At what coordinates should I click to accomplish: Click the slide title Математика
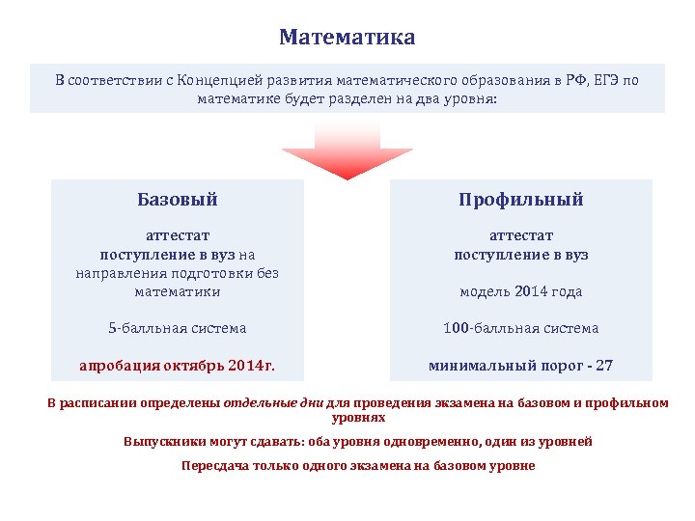click(x=347, y=38)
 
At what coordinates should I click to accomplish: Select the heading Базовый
click(x=177, y=200)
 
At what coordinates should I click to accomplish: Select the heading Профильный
click(x=520, y=200)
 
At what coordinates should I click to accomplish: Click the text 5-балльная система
click(x=177, y=328)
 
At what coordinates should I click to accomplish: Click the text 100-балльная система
click(x=520, y=328)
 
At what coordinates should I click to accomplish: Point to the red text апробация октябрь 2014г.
click(x=177, y=366)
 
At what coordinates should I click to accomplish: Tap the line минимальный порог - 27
click(x=520, y=366)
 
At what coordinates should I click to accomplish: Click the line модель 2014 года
click(x=520, y=291)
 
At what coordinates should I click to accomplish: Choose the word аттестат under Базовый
click(x=177, y=235)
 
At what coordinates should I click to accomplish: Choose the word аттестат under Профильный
click(x=520, y=235)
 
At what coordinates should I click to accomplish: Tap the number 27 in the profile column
click(x=603, y=366)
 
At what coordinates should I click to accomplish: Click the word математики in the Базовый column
click(x=177, y=291)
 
